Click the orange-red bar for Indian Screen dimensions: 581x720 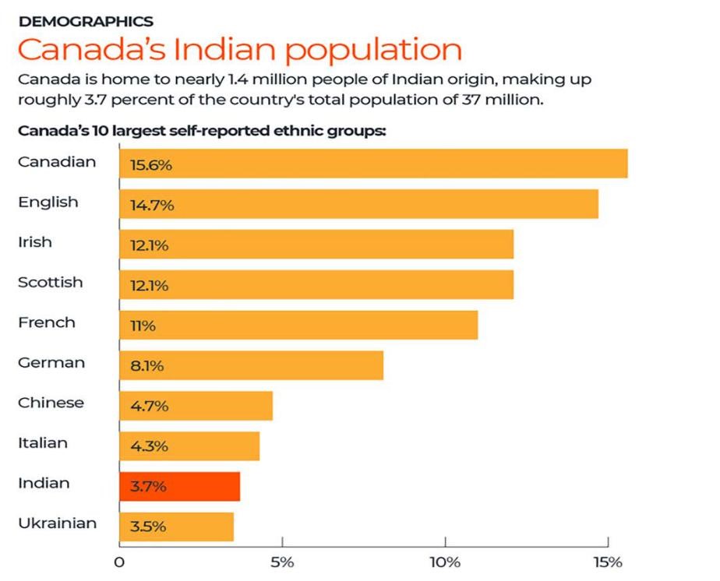(x=179, y=487)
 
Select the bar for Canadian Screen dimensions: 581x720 (x=373, y=164)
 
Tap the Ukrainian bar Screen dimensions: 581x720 (x=176, y=526)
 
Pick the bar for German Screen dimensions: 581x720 (x=251, y=365)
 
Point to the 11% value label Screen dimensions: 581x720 (x=143, y=326)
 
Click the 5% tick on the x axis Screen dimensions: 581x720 (x=282, y=563)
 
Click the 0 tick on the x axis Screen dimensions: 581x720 (x=119, y=563)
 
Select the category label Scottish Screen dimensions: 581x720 (x=50, y=282)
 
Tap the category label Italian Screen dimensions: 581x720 (x=42, y=442)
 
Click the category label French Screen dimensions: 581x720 (x=46, y=322)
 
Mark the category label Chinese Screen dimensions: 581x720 (x=51, y=403)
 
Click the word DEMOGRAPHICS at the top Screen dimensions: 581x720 (x=85, y=21)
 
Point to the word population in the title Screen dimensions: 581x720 (x=372, y=50)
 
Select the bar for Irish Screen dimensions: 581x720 (x=316, y=245)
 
